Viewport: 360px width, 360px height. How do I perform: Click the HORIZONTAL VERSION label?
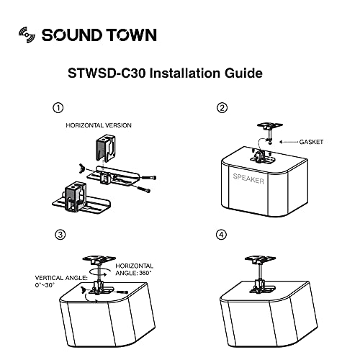tap(99, 125)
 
